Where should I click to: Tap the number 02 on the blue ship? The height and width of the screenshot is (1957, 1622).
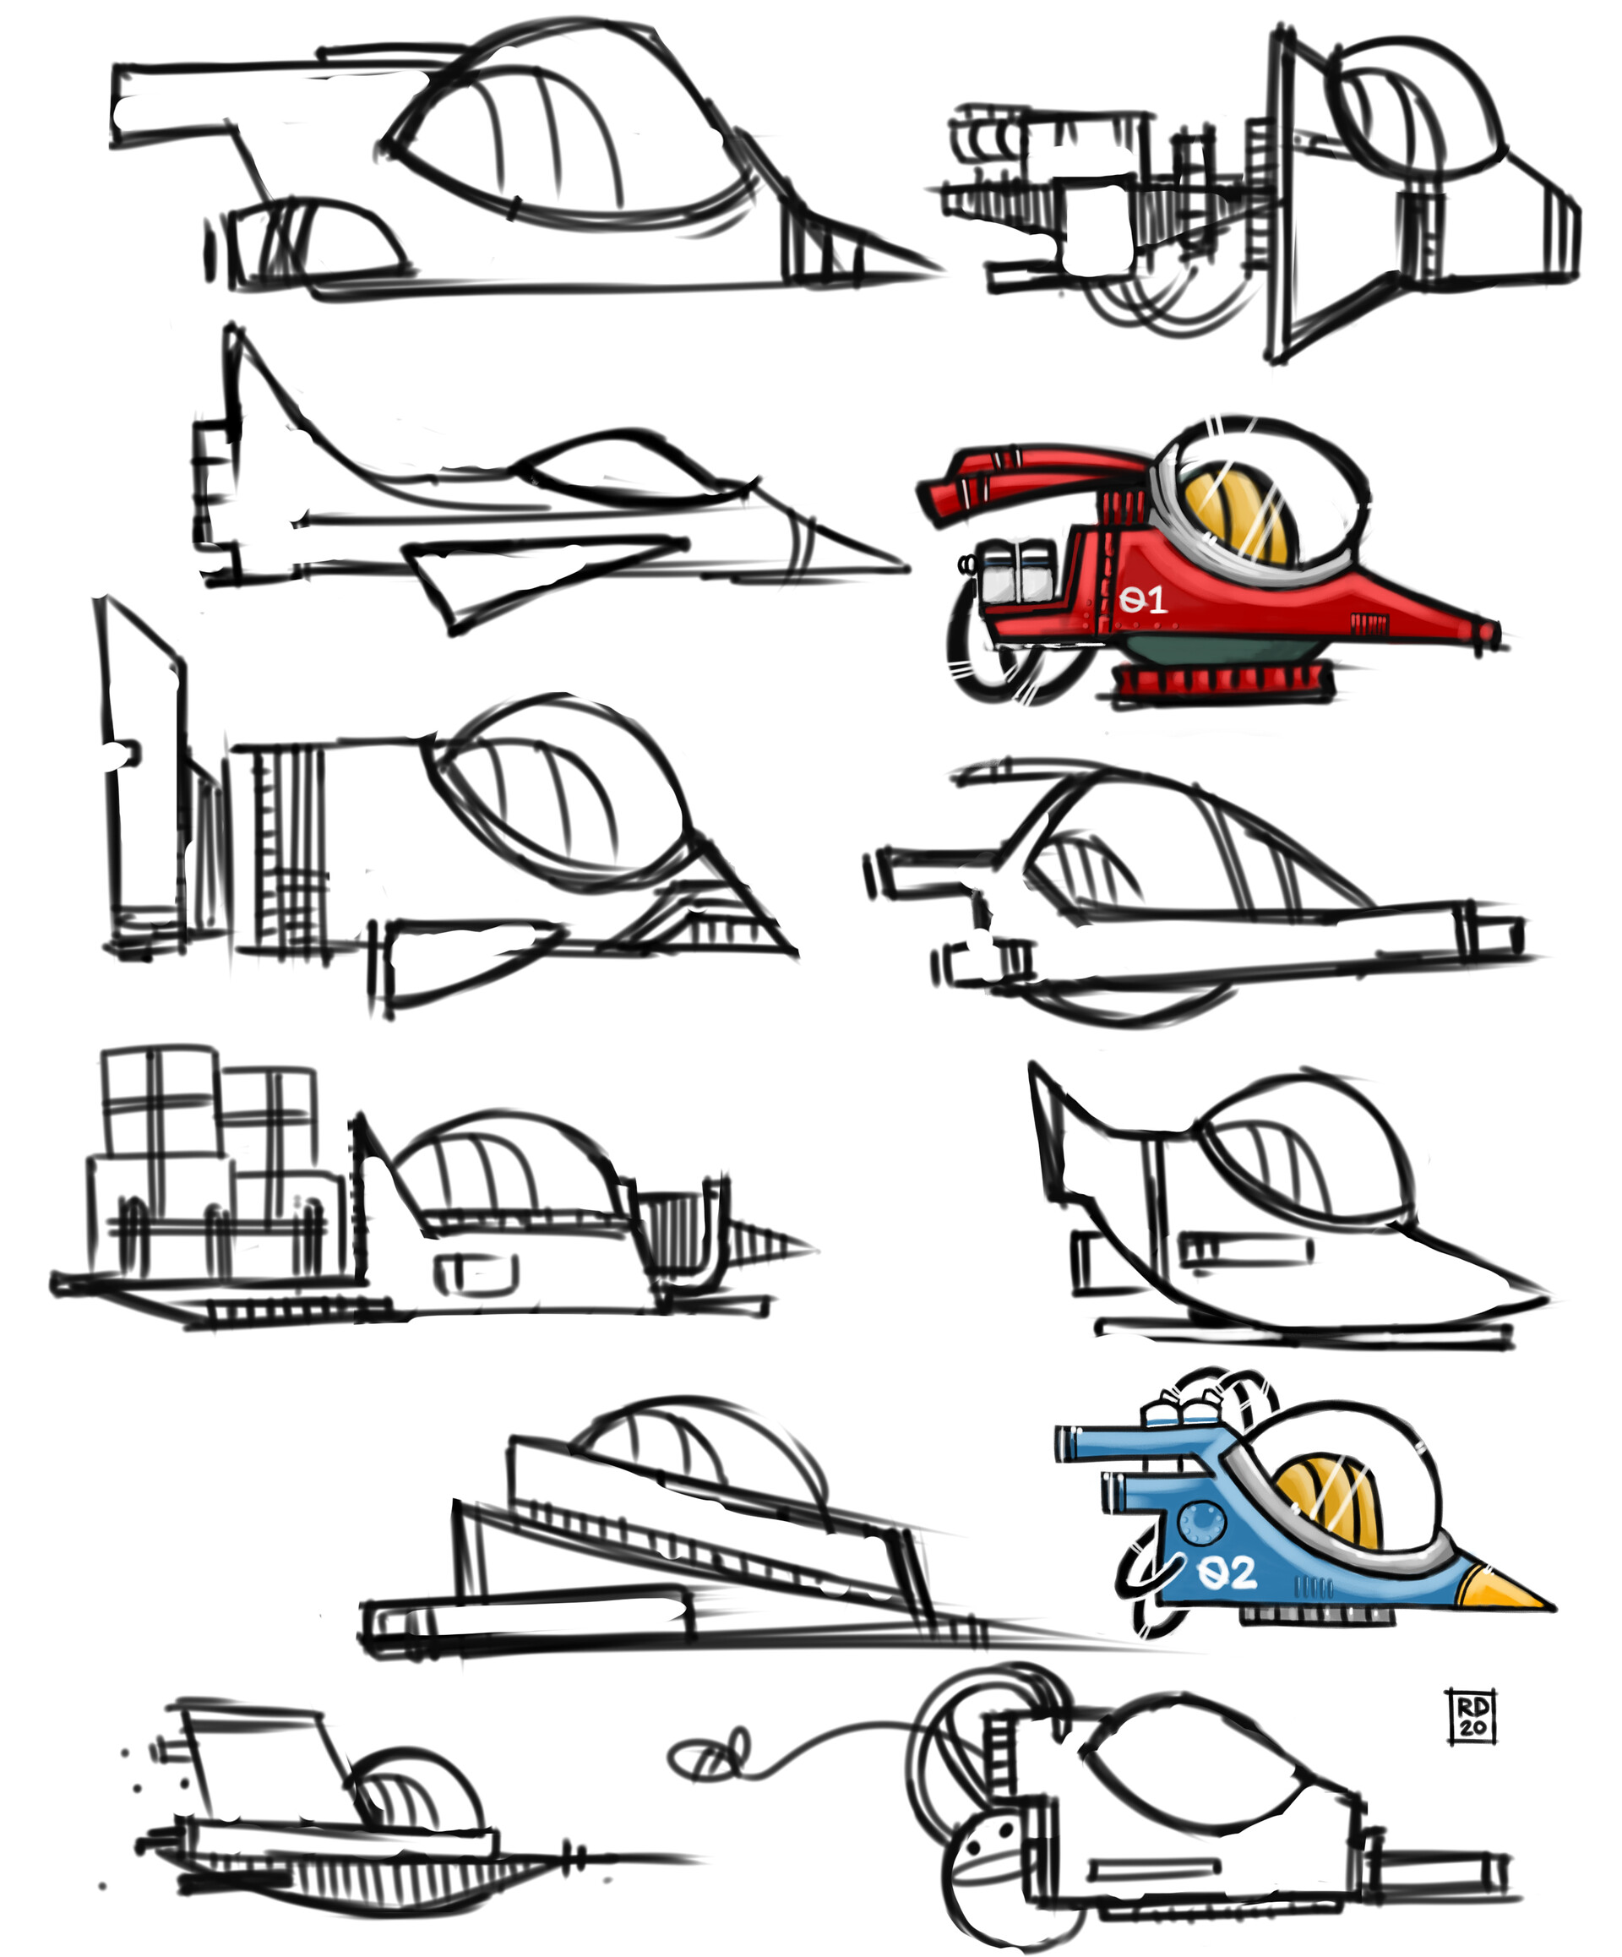1227,1574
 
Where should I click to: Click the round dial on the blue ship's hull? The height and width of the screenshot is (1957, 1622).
1201,1522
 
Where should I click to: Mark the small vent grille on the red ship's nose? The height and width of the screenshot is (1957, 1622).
1369,623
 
